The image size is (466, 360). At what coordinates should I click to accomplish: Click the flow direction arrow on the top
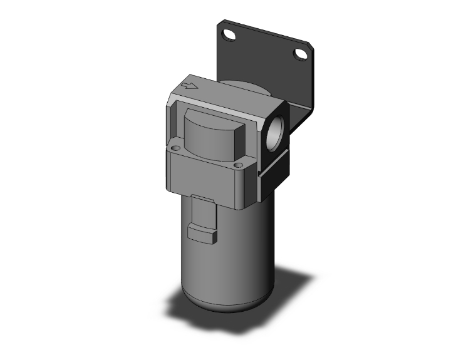click(189, 88)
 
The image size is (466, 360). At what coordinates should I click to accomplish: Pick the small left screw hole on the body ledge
click(177, 149)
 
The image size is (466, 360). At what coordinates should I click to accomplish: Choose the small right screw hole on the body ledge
click(237, 165)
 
